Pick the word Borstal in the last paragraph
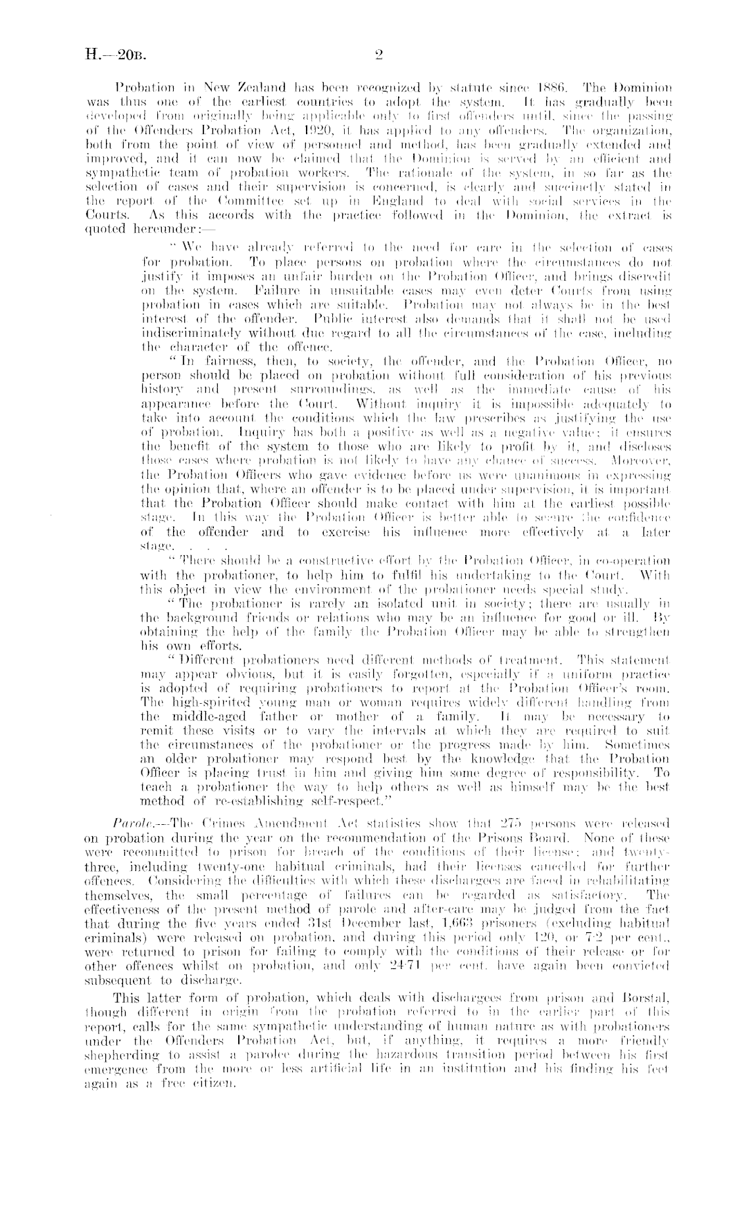[647, 981]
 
